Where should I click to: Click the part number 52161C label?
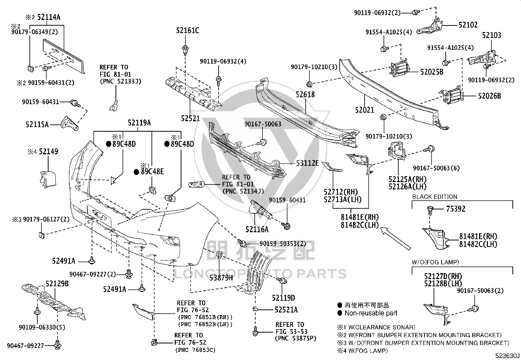[x=188, y=30]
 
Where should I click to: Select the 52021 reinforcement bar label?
[x=365, y=110]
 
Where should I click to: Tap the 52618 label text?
[x=305, y=95]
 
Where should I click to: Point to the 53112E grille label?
[x=307, y=163]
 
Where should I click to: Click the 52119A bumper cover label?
[x=139, y=123]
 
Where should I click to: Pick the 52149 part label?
[x=48, y=152]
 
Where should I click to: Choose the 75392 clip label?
[x=456, y=209]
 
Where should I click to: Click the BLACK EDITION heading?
[x=435, y=197]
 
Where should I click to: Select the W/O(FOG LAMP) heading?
[x=435, y=262]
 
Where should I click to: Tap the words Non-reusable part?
[x=371, y=313]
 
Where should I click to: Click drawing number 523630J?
[x=507, y=356]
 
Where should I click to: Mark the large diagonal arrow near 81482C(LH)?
[x=395, y=238]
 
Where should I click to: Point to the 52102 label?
[x=468, y=25]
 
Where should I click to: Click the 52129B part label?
[x=57, y=284]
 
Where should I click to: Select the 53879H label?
[x=221, y=278]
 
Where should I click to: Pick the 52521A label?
[x=286, y=310]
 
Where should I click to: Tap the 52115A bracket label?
[x=37, y=124]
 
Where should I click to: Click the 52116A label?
[x=257, y=230]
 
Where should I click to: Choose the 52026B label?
[x=489, y=96]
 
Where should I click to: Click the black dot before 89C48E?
[x=136, y=172]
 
